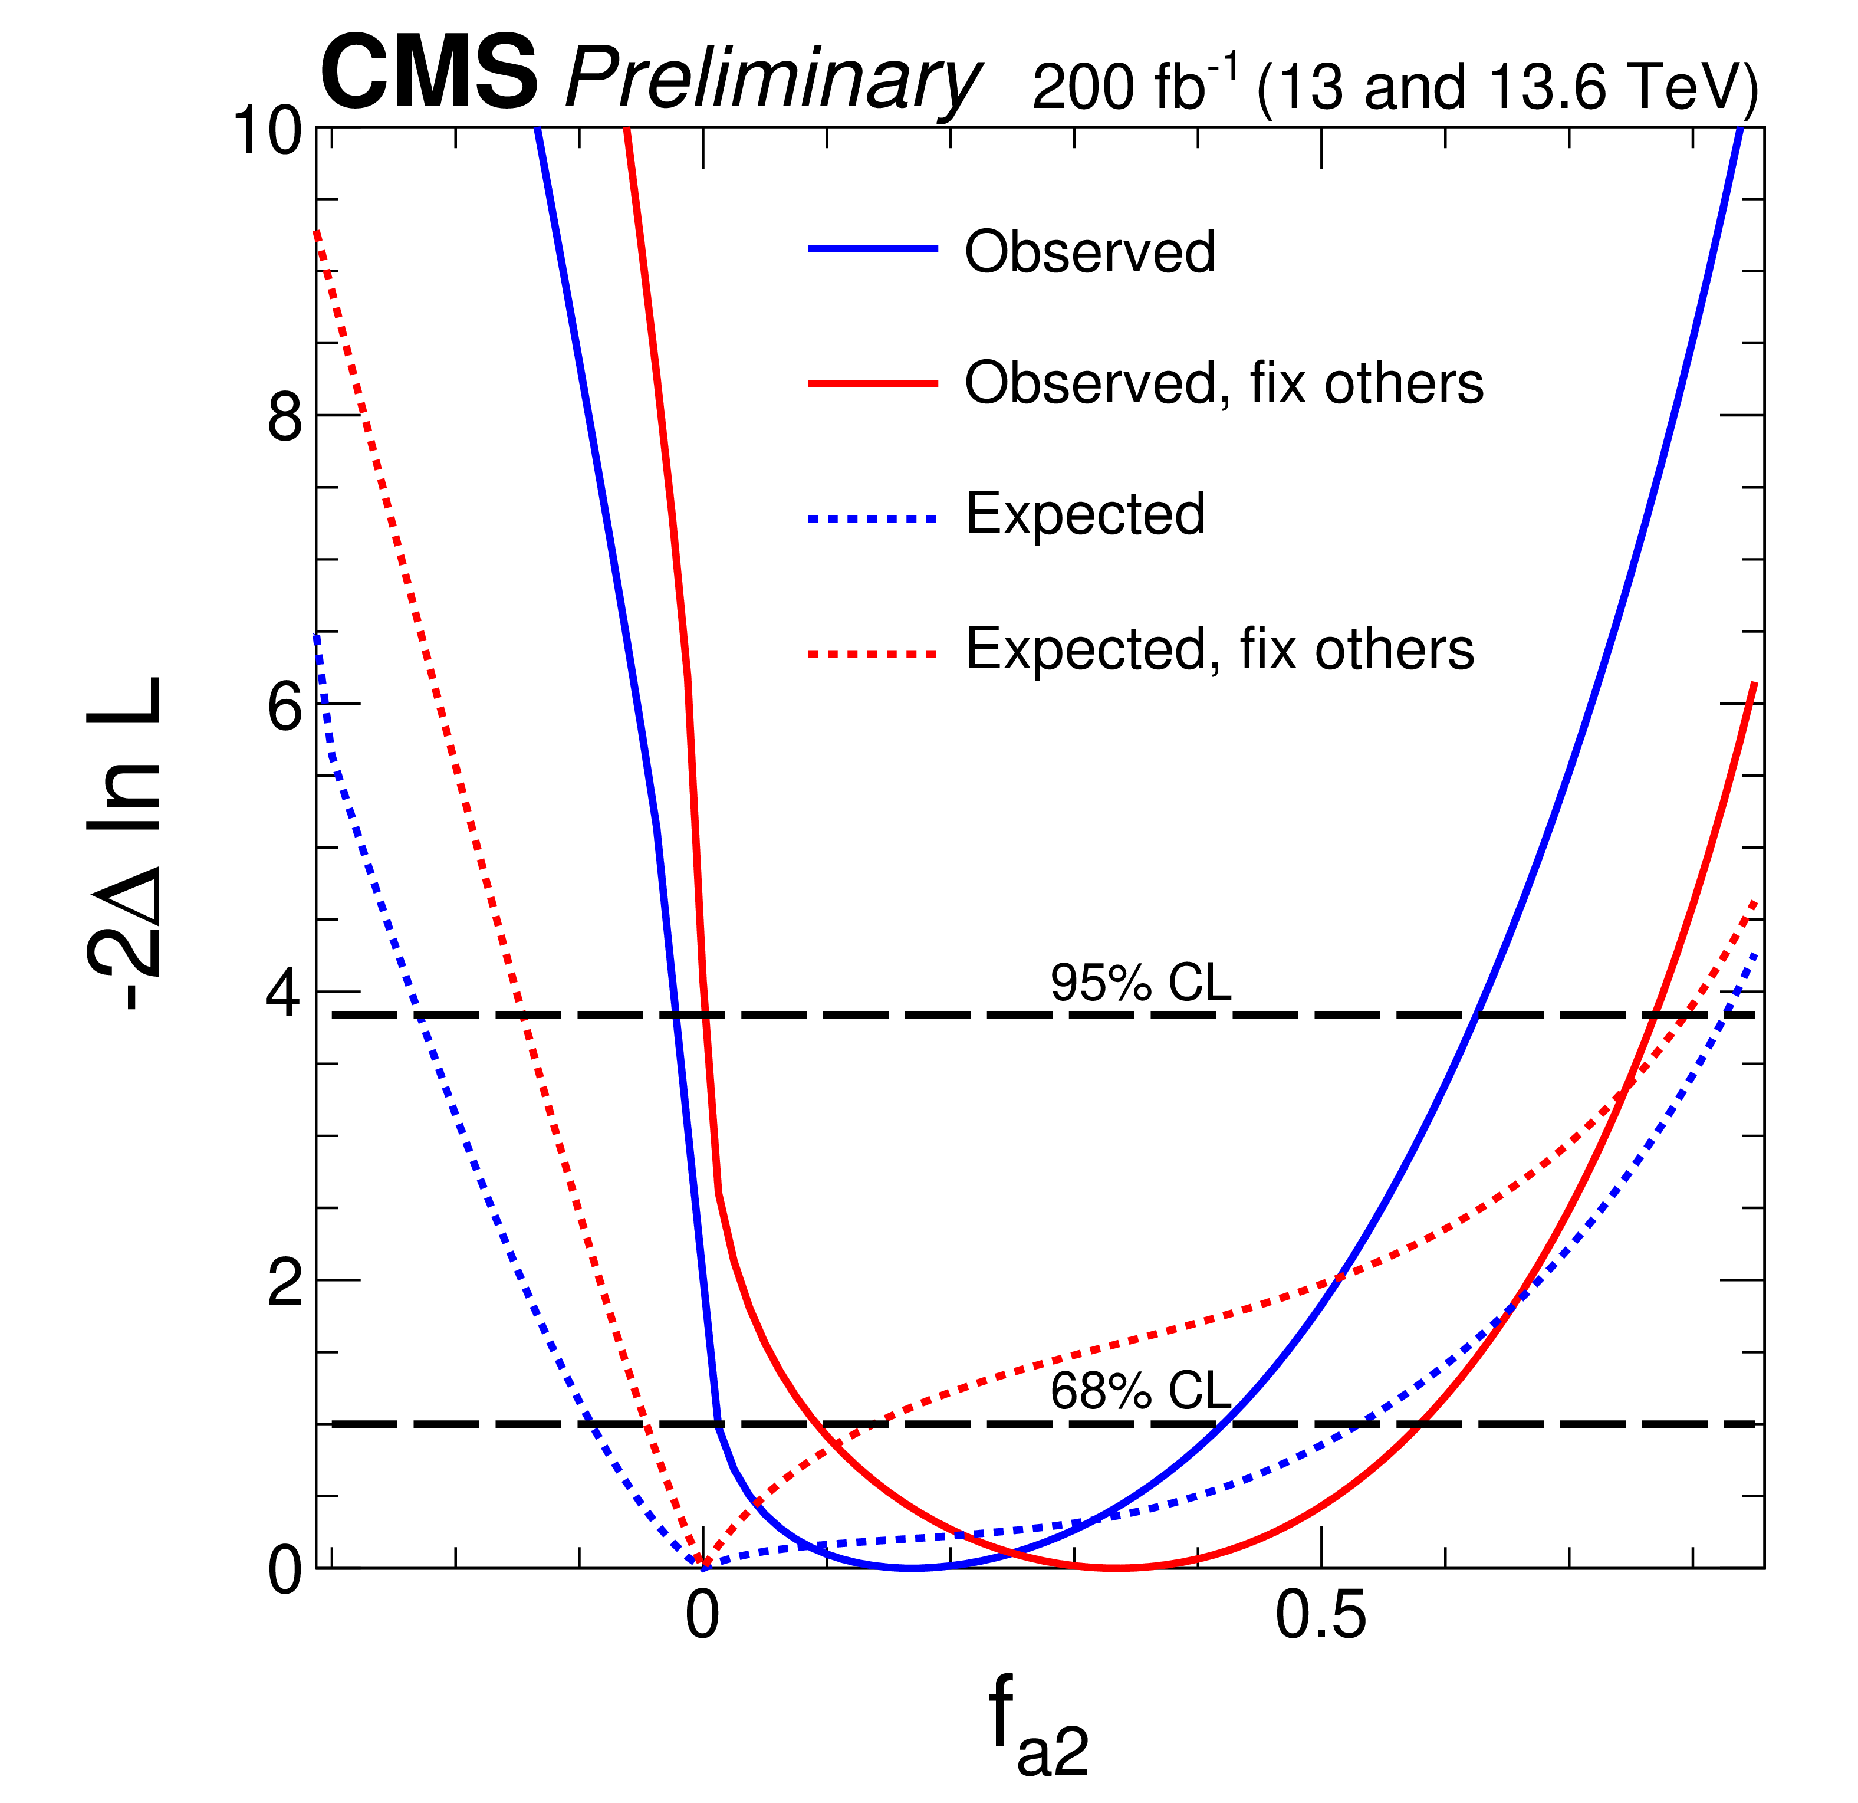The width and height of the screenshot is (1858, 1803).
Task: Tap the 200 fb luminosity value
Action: (x=1133, y=86)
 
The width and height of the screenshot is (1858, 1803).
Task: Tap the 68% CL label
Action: (x=1140, y=1391)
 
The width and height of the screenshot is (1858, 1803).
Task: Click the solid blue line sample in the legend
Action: (x=872, y=248)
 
